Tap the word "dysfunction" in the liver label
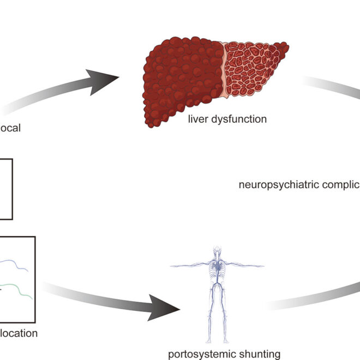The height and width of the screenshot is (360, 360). pos(241,118)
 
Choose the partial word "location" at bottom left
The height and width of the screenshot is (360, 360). pos(19,333)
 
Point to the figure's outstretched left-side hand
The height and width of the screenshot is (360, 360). pos(173,265)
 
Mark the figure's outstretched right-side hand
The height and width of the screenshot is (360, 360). pos(262,266)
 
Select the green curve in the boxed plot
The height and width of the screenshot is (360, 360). pos(20,287)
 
